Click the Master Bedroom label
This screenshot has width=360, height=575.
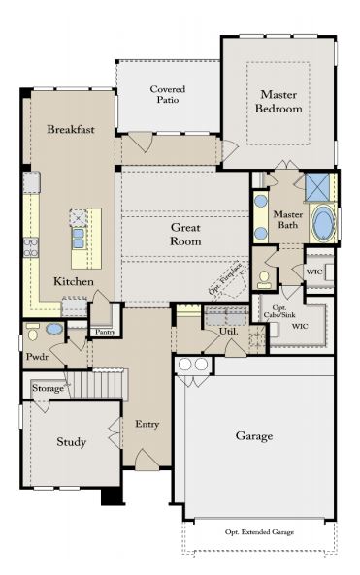(278, 102)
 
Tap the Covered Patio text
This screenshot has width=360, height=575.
(168, 94)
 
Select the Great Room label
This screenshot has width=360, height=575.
(185, 235)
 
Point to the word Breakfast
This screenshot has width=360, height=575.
(71, 129)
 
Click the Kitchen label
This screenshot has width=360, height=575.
(74, 281)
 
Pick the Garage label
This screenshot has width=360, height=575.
(254, 436)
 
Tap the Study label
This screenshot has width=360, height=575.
(72, 442)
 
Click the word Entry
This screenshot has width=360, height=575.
(147, 425)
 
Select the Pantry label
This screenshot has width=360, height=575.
(106, 332)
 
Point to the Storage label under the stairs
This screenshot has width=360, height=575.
(49, 388)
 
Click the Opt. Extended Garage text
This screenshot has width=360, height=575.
(259, 531)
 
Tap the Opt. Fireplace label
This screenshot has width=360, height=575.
(225, 278)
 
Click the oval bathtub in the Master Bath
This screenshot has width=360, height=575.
(323, 223)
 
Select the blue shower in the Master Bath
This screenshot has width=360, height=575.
(318, 187)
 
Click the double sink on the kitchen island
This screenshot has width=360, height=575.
(79, 238)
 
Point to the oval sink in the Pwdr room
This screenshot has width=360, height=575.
(54, 329)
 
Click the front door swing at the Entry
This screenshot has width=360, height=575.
(147, 459)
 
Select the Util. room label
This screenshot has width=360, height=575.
(229, 332)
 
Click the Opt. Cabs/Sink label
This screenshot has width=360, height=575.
(279, 311)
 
